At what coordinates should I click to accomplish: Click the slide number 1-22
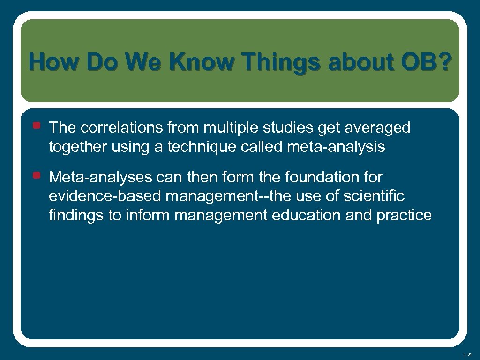(x=468, y=355)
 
